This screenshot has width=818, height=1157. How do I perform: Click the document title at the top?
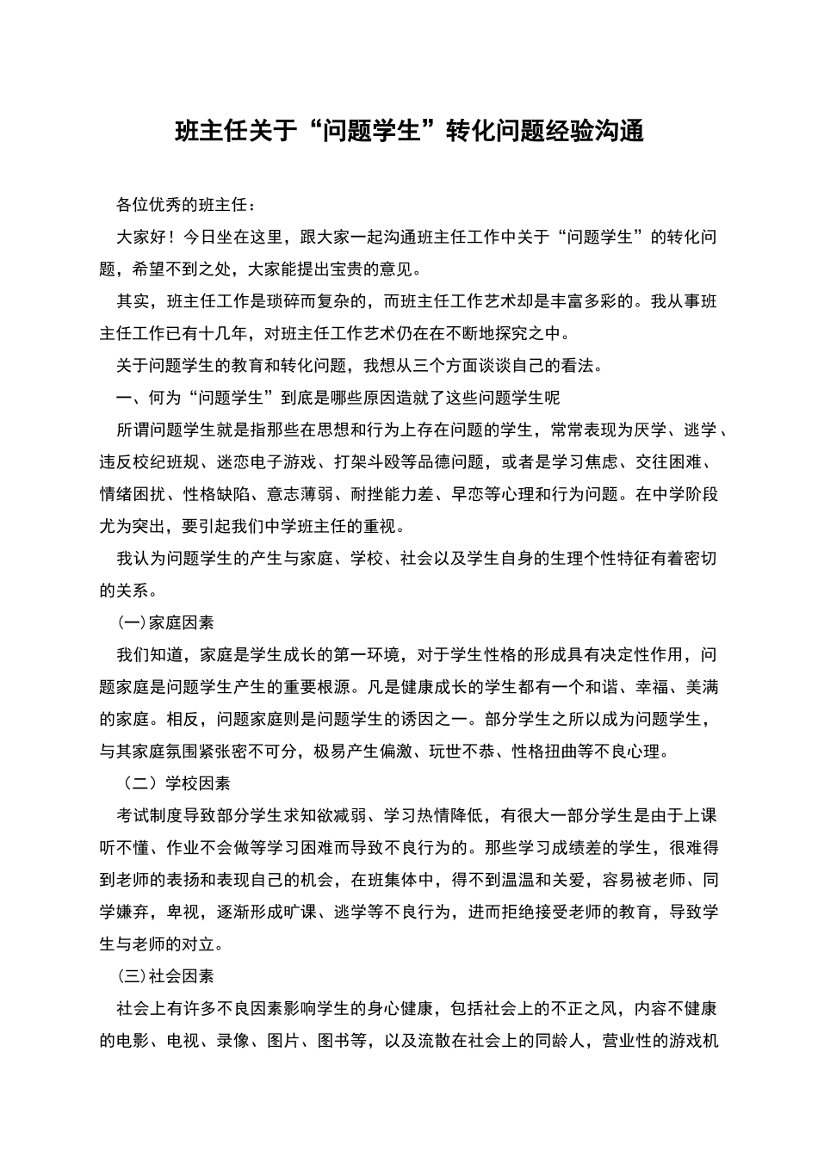pyautogui.click(x=409, y=132)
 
